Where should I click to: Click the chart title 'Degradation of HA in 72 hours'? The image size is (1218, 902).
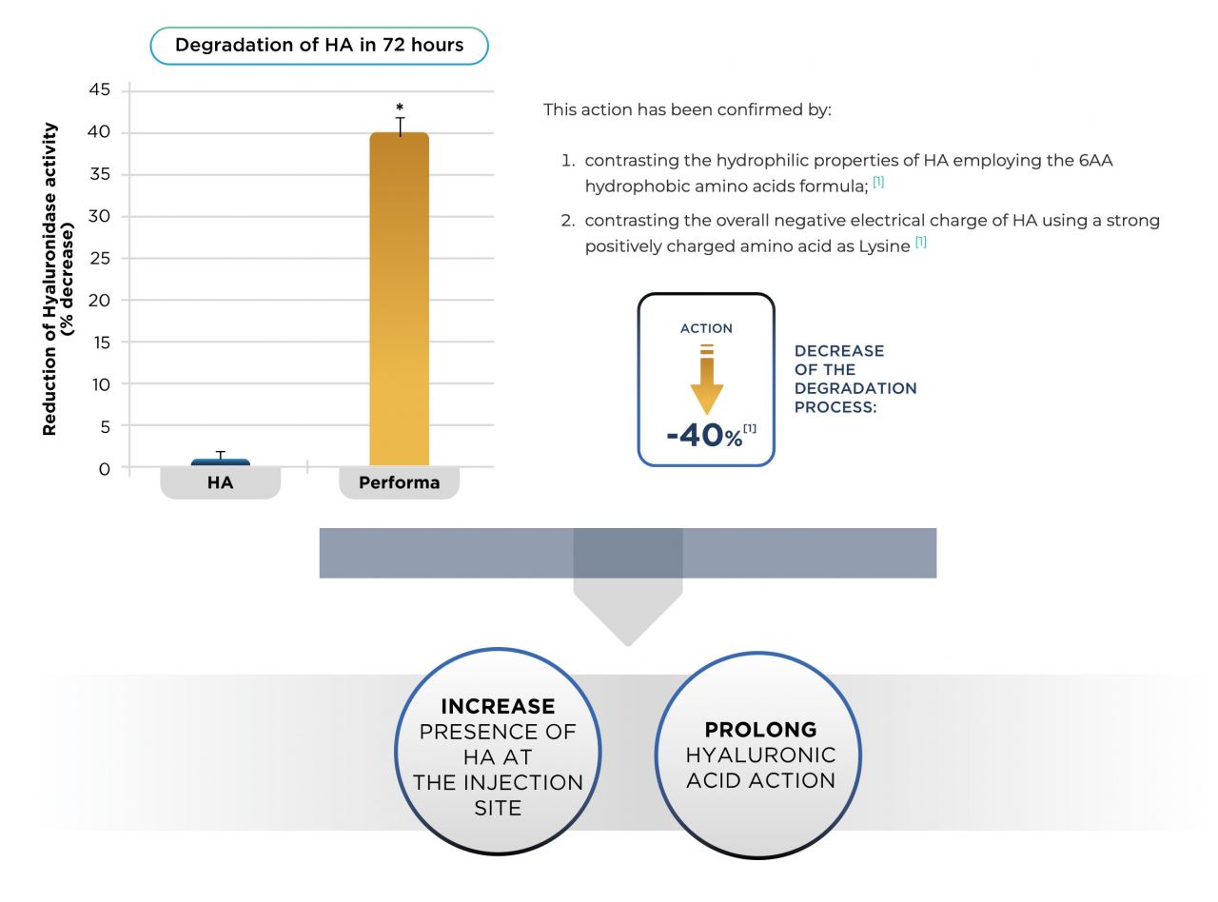point(319,45)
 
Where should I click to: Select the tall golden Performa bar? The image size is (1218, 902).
point(400,299)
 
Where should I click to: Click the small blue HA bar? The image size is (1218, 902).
point(220,462)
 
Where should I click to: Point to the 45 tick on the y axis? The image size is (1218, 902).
point(99,89)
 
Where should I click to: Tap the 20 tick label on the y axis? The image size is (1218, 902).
point(99,301)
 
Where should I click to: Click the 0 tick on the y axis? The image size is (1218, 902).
point(105,468)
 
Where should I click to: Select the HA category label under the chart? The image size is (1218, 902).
point(220,482)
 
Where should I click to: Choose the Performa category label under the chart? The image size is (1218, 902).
point(400,482)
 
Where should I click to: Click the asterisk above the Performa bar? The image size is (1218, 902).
point(400,107)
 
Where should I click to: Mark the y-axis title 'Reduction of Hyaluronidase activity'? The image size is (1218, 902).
point(49,279)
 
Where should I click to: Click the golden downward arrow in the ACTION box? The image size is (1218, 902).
point(707,379)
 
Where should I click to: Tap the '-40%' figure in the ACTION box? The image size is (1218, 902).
point(704,436)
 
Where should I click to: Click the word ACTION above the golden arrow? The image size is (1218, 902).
point(706,328)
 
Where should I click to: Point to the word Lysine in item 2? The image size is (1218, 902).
point(884,246)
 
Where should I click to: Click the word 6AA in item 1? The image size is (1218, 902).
point(1095,161)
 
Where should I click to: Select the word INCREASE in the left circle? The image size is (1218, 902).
point(498,706)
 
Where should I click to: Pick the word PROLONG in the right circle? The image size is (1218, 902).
point(760,730)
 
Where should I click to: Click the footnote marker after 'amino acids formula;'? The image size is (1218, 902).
point(878,182)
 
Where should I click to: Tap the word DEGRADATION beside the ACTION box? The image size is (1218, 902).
point(855,388)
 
